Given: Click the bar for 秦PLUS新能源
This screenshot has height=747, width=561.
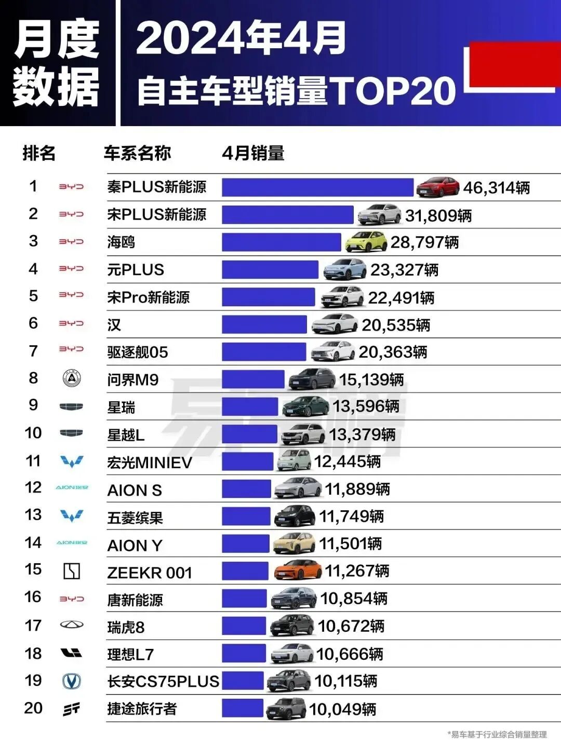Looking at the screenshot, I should [x=317, y=187].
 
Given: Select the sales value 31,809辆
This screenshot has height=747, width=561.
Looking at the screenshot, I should [x=438, y=215].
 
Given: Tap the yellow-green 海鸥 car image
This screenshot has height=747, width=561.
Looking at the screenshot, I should [x=366, y=242].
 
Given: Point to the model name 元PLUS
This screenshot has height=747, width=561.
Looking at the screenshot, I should [x=136, y=270].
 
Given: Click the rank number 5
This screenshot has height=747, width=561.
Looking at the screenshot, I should [x=33, y=296].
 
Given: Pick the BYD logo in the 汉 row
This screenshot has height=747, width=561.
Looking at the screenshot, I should [x=71, y=323].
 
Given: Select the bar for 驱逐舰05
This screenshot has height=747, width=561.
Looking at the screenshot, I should [x=264, y=352].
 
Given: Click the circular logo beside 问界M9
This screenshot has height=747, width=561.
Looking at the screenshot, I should [x=71, y=378].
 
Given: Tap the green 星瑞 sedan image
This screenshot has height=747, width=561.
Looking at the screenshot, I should [x=306, y=406].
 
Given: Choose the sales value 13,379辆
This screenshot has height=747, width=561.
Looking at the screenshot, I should [x=362, y=434].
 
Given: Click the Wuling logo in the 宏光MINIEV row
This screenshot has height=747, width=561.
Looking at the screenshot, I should [x=71, y=461].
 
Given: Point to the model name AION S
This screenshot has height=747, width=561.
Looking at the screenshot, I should [x=135, y=491].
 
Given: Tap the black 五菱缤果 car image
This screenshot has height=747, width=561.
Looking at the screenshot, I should [x=295, y=516].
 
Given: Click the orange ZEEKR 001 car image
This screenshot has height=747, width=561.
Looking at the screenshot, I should [x=298, y=571].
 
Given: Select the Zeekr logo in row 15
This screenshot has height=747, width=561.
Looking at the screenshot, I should [x=71, y=571].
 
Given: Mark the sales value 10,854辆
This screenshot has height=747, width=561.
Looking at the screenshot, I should [x=354, y=599].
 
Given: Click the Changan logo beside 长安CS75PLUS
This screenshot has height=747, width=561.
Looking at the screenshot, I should [x=71, y=681].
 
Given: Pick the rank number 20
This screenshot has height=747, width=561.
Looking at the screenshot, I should [x=33, y=708].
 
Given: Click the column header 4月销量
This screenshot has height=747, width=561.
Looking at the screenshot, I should [x=253, y=153].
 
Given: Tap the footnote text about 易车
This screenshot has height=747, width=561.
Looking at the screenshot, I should [x=497, y=735].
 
